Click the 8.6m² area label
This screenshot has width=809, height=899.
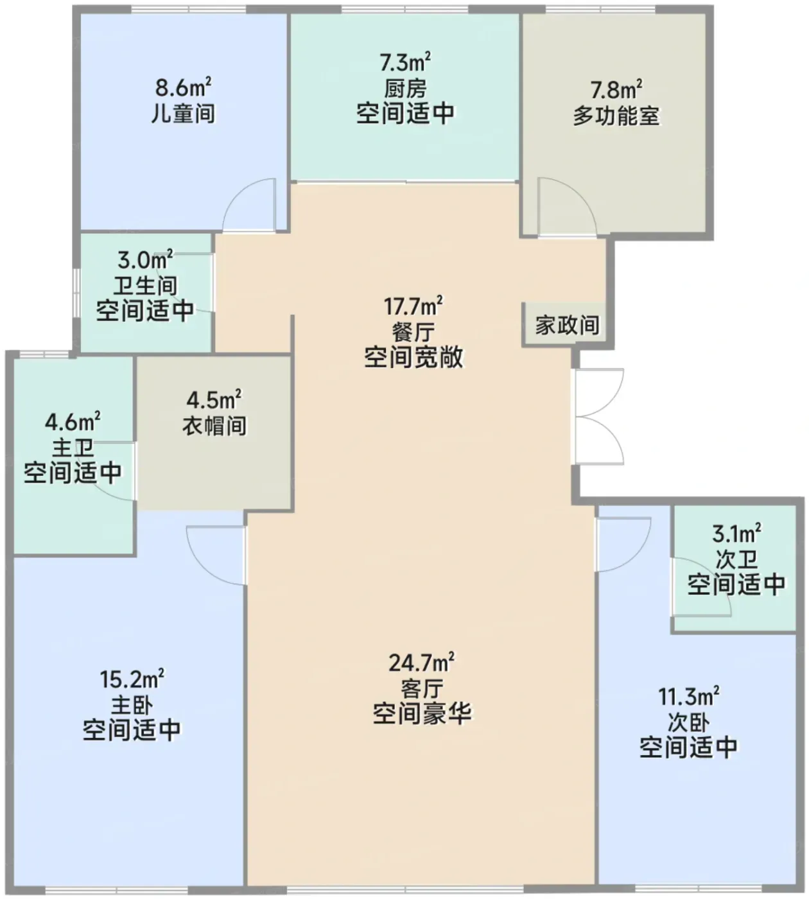point(184,87)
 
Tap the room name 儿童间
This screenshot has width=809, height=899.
point(184,114)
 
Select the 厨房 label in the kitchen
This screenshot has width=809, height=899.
point(405,88)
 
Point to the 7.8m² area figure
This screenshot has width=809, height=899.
point(616,90)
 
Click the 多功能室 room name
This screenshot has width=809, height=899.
point(616,116)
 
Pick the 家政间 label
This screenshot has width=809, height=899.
point(568,324)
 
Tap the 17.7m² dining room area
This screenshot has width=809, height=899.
point(413,306)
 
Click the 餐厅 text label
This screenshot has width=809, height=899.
point(413,332)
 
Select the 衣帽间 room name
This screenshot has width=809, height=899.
point(214,425)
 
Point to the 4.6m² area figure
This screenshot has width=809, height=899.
point(73,422)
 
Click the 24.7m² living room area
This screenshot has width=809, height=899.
point(421,663)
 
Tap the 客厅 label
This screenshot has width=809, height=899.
point(422,688)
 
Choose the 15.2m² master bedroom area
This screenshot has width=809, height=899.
point(132,679)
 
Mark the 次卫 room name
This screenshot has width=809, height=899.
point(736,559)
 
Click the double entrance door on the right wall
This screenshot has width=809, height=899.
point(599,416)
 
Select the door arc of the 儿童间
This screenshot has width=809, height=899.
point(249,205)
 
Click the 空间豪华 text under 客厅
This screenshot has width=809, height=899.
point(422,714)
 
